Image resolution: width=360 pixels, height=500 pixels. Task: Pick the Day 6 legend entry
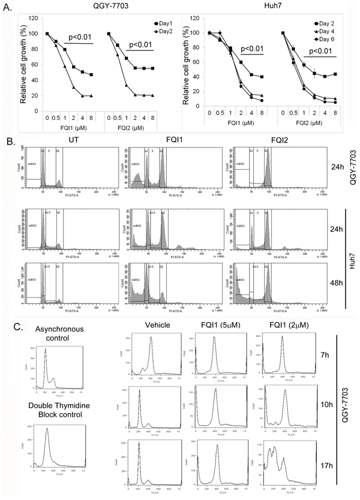pyautogui.click(x=332, y=39)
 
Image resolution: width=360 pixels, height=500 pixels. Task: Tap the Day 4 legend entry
pyautogui.click(x=332, y=31)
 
